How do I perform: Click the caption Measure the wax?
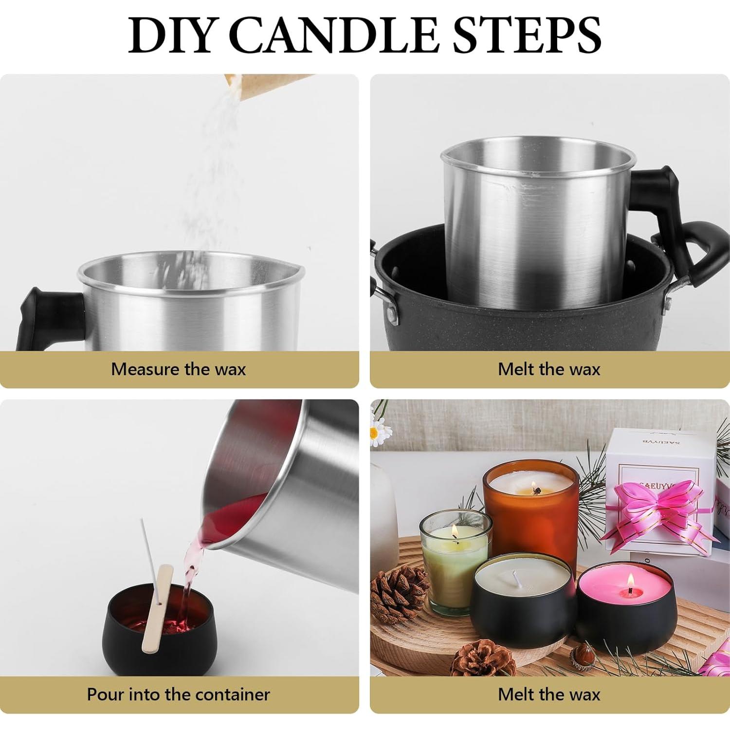(178, 369)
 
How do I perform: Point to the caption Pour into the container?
(178, 694)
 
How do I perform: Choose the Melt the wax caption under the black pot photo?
(549, 369)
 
